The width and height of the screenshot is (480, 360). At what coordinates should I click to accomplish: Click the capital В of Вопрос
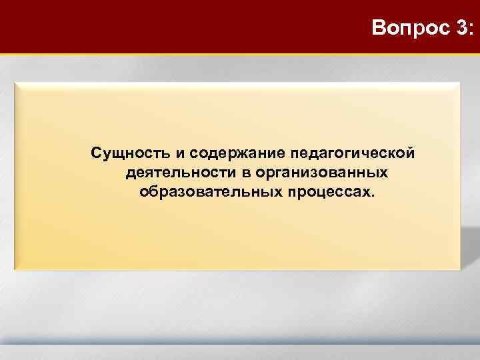click(x=379, y=29)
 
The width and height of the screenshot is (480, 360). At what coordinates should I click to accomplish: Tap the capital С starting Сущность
click(x=97, y=154)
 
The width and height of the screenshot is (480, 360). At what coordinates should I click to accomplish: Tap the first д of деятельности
click(x=129, y=175)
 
